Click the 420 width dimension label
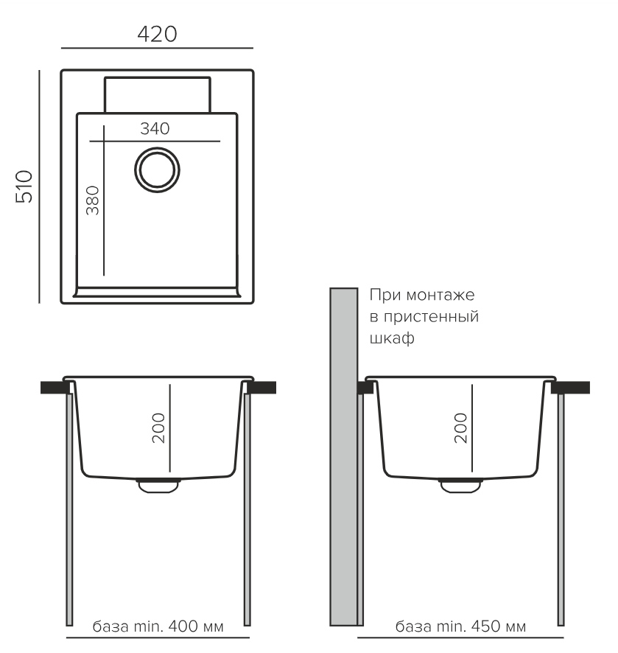tap(157, 34)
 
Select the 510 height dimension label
tap(24, 186)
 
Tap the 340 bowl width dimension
tap(155, 129)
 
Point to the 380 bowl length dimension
tap(92, 200)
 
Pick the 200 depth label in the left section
tap(158, 428)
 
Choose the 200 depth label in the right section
tap(461, 428)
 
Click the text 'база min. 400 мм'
tap(158, 626)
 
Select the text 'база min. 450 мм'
tap(460, 626)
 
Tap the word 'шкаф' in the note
tap(392, 338)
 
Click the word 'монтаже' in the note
tap(440, 296)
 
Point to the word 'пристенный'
tap(431, 317)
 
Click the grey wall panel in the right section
tap(344, 456)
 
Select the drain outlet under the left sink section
tap(158, 486)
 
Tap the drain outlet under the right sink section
tap(460, 486)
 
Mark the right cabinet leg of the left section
tap(247, 509)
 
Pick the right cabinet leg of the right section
tap(561, 509)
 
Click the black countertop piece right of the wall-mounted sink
tap(571, 387)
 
